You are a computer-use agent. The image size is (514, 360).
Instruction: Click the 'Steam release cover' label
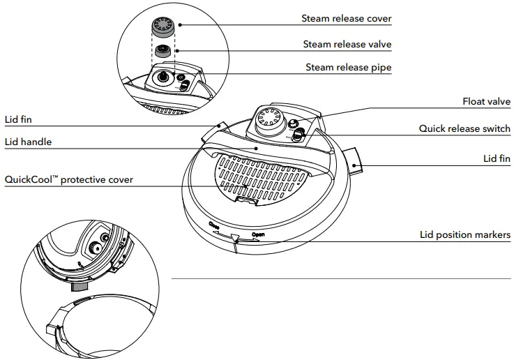coord(347,19)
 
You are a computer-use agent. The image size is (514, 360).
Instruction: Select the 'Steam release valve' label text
coord(347,44)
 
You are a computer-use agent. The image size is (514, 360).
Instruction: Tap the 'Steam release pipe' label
coord(349,68)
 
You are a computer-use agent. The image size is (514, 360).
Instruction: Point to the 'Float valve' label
coord(486,102)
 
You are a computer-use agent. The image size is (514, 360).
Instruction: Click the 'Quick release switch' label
coord(464,129)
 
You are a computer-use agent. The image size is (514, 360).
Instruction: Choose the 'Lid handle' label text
coord(28,142)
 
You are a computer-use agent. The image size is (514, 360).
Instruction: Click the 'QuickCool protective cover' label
coord(69,179)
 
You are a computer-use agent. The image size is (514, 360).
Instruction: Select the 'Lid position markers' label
coord(465,235)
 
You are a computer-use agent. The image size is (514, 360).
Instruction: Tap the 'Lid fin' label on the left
coord(18,119)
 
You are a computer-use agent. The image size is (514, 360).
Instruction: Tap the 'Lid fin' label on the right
coord(497,159)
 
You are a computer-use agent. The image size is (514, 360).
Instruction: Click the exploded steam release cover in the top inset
coord(165,28)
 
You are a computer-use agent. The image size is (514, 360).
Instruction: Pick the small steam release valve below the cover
coord(163,51)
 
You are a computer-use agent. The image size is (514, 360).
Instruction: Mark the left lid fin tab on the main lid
coord(213,131)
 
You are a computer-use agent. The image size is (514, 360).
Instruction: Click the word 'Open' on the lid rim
coord(257,235)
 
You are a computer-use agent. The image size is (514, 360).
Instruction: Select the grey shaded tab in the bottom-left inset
coord(80,286)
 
